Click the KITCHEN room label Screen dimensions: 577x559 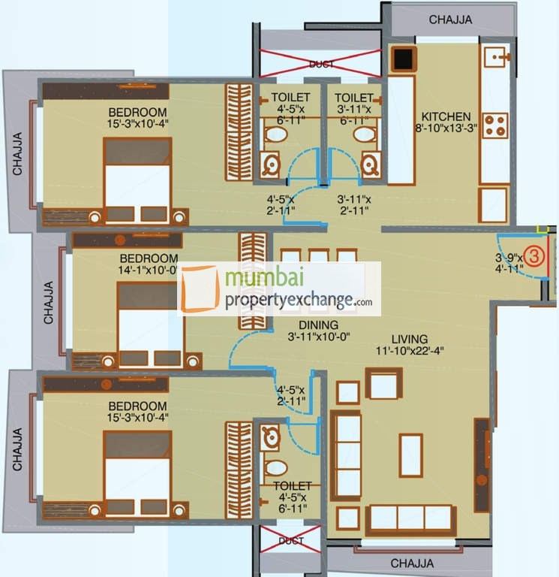tap(446, 116)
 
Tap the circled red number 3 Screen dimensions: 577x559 tap(533, 256)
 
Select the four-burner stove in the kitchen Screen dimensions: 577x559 tap(494, 125)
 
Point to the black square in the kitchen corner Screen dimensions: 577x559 tap(402, 59)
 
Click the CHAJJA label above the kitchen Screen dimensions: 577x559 tap(450, 20)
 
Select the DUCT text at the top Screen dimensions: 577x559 tap(322, 65)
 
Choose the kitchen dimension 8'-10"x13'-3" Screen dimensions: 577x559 tap(446, 130)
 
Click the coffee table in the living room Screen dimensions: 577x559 tap(410, 455)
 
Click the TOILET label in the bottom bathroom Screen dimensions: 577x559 tap(292, 486)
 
